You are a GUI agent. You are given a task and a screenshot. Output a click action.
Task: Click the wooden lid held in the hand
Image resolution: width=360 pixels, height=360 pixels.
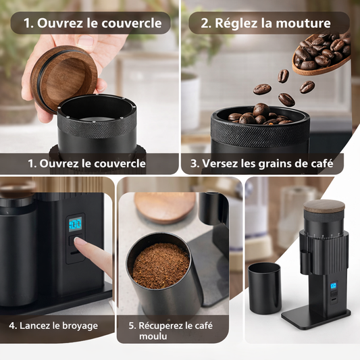tap(63, 77)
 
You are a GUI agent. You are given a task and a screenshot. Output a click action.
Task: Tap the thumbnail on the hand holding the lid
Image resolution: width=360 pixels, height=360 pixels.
tap(85, 41)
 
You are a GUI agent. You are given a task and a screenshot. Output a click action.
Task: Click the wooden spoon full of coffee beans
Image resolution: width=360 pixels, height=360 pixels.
tap(322, 54)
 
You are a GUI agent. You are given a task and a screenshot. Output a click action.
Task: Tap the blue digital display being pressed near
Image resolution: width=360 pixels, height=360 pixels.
tap(75, 224)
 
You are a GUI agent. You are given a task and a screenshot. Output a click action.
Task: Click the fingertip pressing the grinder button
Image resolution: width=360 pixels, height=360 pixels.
tap(78, 241)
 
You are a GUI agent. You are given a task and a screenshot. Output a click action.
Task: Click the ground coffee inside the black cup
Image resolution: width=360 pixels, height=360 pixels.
tap(161, 265)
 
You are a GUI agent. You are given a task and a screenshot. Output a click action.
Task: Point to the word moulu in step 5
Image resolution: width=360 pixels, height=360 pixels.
tap(153, 336)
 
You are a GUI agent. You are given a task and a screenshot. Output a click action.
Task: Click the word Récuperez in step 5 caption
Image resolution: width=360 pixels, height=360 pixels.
tap(161, 326)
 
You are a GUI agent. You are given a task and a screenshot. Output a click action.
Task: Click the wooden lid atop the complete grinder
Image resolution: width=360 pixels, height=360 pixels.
tap(324, 207)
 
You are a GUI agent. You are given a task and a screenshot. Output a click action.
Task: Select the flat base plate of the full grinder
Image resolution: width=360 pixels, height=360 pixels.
tap(316, 317)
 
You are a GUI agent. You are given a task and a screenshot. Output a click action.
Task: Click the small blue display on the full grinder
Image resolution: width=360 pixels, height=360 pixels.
tap(334, 286)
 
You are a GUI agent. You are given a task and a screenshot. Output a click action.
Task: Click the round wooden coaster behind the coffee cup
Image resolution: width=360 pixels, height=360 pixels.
tap(165, 207)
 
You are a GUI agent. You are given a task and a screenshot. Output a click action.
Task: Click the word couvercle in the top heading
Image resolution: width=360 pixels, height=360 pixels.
tap(132, 23)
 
